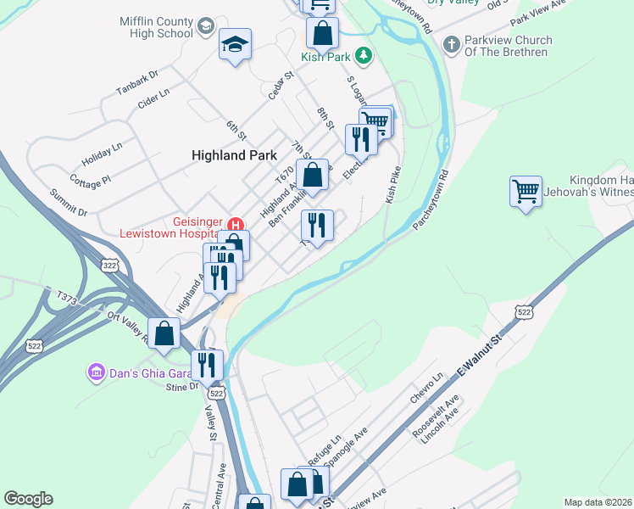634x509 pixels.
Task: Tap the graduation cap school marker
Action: pos(235,45)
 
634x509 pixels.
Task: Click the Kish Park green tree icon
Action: pos(364,56)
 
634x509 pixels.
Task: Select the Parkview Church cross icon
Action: pos(452,42)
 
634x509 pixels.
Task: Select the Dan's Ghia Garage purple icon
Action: pos(96,372)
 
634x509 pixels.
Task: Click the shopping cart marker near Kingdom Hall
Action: pos(526,192)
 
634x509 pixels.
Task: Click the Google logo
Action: pos(28,498)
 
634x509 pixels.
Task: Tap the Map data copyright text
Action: pos(598,502)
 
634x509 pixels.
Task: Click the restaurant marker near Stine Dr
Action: pos(207,365)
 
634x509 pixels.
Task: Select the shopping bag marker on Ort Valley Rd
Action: pos(164,333)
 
